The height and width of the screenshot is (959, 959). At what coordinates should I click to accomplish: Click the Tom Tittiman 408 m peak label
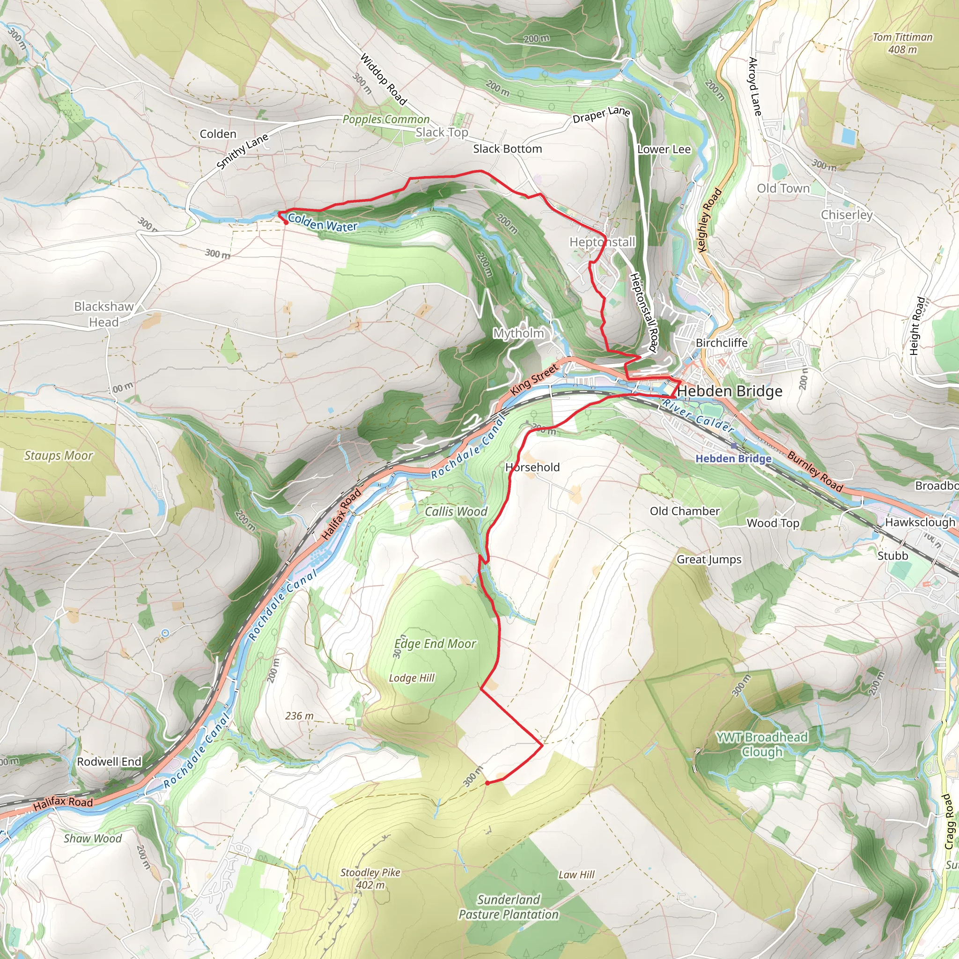pyautogui.click(x=902, y=43)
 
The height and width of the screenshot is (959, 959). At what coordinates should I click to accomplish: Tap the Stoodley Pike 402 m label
pyautogui.click(x=370, y=878)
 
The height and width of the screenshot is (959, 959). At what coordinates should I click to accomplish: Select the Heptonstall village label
pyautogui.click(x=602, y=242)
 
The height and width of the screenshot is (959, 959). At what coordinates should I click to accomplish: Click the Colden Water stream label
pyautogui.click(x=323, y=222)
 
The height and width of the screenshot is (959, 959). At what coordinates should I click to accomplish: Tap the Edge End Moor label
pyautogui.click(x=435, y=644)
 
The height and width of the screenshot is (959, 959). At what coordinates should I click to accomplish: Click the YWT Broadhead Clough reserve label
pyautogui.click(x=762, y=745)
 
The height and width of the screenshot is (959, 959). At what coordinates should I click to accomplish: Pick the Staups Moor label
pyautogui.click(x=59, y=456)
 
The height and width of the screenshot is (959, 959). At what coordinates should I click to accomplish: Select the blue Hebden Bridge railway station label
pyautogui.click(x=733, y=458)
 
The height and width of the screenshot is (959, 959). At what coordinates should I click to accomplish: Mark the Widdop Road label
pyautogui.click(x=383, y=80)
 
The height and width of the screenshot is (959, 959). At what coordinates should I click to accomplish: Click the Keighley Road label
pyautogui.click(x=710, y=220)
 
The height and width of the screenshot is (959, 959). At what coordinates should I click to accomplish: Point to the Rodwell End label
pyautogui.click(x=109, y=761)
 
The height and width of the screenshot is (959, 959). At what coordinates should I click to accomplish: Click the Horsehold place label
pyautogui.click(x=532, y=467)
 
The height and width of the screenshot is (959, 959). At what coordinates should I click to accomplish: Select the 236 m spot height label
pyautogui.click(x=299, y=716)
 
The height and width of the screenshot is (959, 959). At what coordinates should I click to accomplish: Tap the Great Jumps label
pyautogui.click(x=709, y=560)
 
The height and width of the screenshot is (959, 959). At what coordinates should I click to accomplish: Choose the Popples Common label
pyautogui.click(x=386, y=119)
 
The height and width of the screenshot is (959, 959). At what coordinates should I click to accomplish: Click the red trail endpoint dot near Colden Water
pyautogui.click(x=286, y=222)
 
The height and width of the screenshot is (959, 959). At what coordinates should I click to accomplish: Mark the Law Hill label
pyautogui.click(x=576, y=875)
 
